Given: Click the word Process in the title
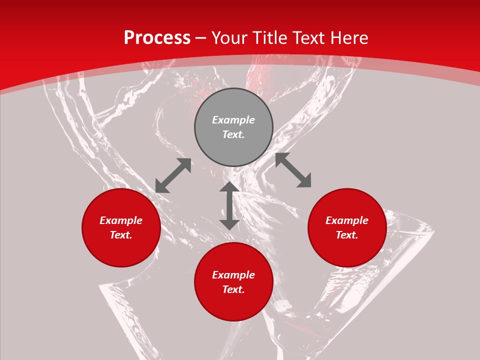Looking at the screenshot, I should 157,38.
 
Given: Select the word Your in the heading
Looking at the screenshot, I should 230,38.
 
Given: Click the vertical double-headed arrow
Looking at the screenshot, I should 229,205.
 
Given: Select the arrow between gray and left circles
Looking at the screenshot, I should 173,175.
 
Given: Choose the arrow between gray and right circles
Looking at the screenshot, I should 293,170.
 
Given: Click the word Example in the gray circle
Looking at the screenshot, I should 233,120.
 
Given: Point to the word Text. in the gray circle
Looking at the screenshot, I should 233,134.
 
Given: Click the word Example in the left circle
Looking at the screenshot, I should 121,220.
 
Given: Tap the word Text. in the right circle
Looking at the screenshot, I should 347,235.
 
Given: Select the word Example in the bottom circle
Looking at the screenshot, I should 233,275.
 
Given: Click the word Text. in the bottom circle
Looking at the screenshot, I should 233,289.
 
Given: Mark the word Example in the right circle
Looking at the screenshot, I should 347,220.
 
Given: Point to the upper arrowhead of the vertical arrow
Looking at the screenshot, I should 229,187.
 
